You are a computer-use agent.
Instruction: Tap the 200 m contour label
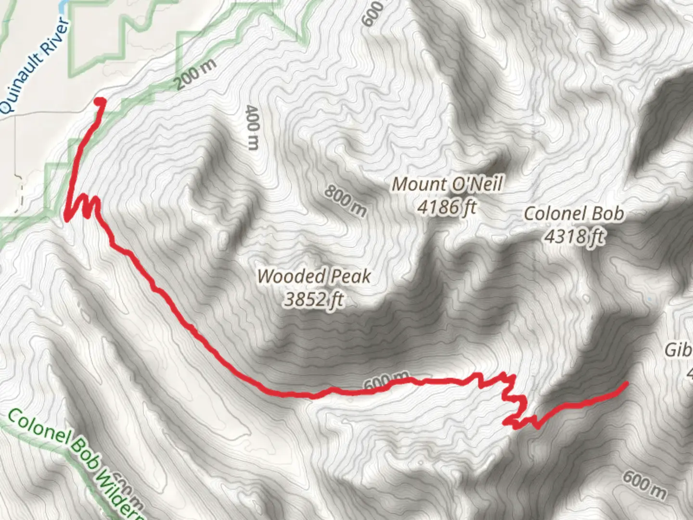pos(195,75)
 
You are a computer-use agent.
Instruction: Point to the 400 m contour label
pos(253,127)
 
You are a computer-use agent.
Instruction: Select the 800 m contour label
pos(345,200)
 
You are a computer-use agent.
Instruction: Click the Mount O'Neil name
pos(447,184)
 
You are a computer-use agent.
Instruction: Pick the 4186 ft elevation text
pos(447,207)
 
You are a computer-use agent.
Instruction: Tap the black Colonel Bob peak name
pos(574,213)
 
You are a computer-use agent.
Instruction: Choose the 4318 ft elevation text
pos(574,236)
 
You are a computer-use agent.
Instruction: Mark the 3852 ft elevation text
pos(314,299)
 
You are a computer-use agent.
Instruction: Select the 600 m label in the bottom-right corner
pos(644,485)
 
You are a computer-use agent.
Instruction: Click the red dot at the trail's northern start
pos(100,102)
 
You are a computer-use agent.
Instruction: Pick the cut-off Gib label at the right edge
pos(679,350)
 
